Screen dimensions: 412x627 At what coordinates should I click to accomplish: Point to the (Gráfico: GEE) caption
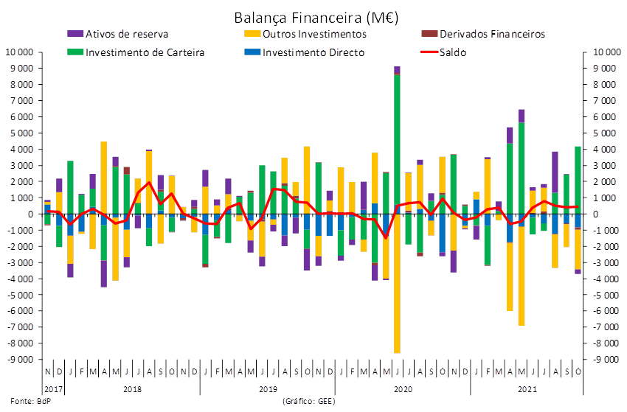[308, 401]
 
